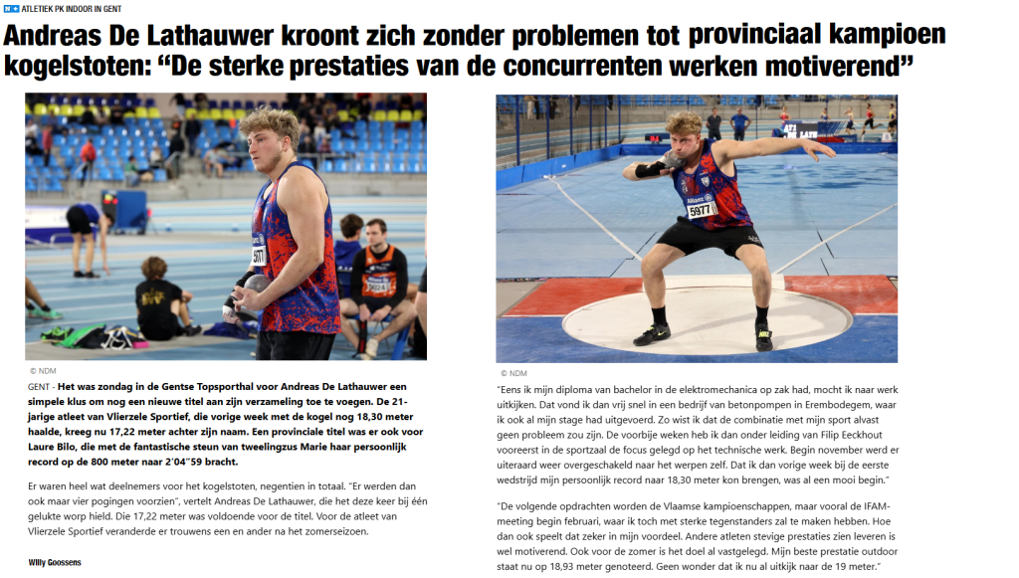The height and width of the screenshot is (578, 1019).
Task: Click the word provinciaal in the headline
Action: pyautogui.click(x=762, y=37)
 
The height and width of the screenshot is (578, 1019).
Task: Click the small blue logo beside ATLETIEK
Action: pyautogui.click(x=11, y=9)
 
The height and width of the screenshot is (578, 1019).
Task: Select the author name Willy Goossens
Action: pyautogui.click(x=55, y=562)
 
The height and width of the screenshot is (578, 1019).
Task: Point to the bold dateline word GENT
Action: pyautogui.click(x=41, y=386)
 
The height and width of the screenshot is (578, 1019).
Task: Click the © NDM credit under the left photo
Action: pyautogui.click(x=43, y=370)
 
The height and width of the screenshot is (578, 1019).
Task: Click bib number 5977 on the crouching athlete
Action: pyautogui.click(x=703, y=209)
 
